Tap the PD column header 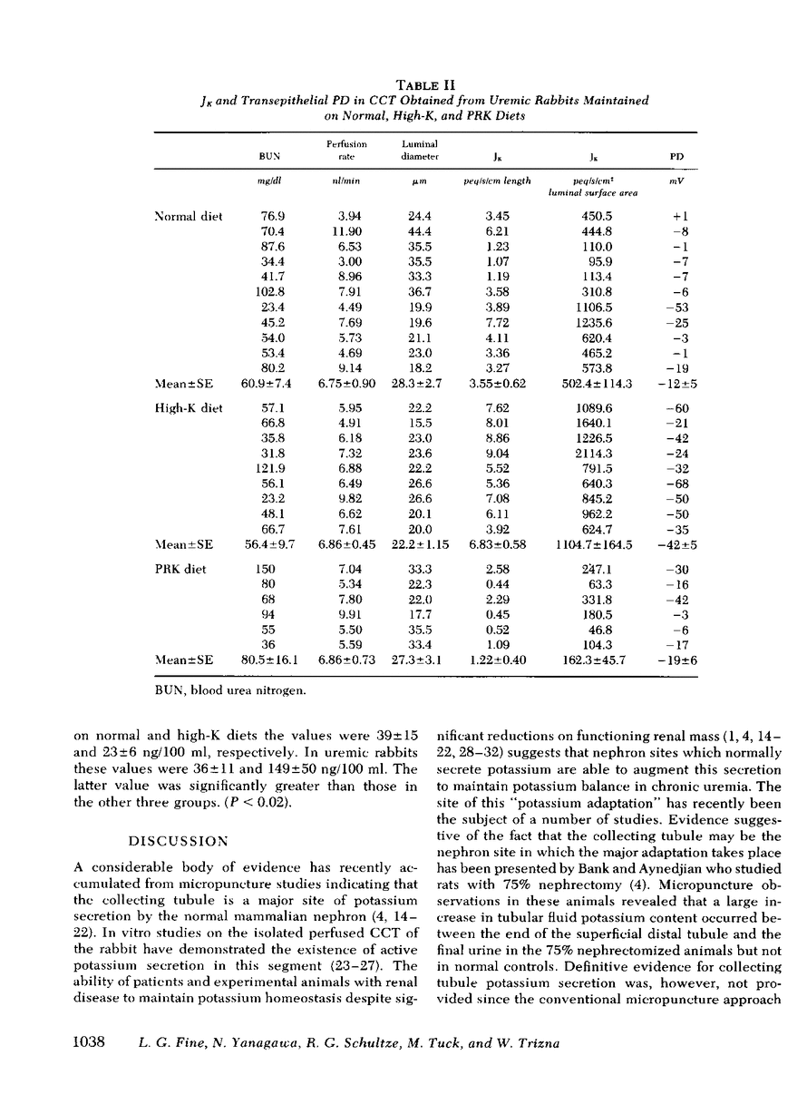676,156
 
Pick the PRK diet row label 180,569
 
